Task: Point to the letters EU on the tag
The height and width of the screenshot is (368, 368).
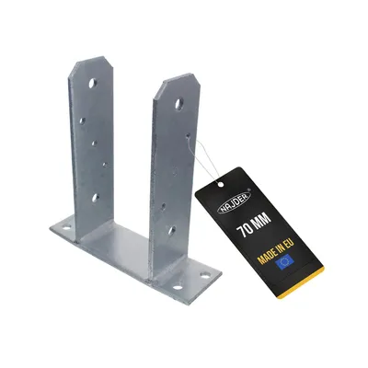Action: pos(289,243)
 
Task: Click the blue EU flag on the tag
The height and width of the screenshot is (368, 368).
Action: pos(284,261)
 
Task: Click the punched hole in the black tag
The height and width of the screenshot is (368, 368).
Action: pos(220,184)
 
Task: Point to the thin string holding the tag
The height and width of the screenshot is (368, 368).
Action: pos(202,159)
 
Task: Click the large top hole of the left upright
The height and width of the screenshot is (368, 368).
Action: pos(93,83)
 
